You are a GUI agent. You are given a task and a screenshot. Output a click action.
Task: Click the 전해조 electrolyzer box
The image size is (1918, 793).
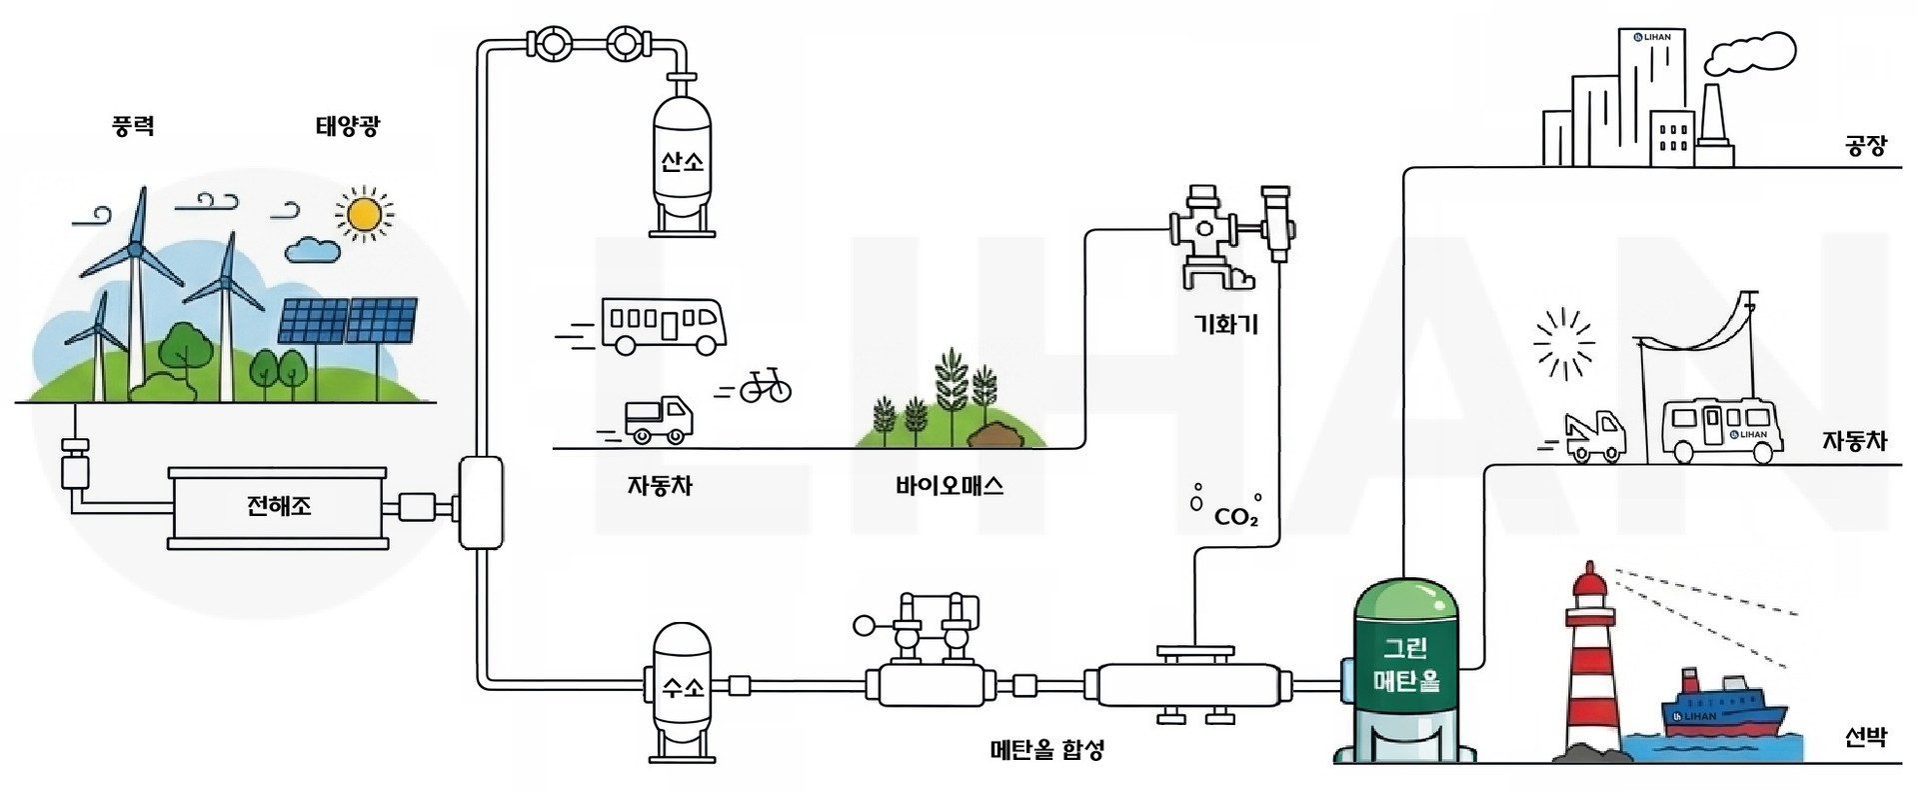click(x=279, y=507)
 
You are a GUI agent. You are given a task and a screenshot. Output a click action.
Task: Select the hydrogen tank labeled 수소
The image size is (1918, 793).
click(x=683, y=688)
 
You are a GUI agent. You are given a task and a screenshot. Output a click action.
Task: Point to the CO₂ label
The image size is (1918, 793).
click(x=1235, y=518)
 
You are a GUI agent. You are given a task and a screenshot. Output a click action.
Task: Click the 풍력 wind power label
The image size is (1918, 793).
click(x=132, y=127)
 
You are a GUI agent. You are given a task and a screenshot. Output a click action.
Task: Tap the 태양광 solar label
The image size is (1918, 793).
click(x=347, y=127)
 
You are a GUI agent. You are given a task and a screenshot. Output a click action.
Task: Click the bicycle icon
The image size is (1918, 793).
click(x=765, y=386)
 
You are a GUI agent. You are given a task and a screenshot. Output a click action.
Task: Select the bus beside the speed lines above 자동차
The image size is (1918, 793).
click(x=663, y=325)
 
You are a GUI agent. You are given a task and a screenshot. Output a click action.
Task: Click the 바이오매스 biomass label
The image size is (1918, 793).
click(x=950, y=487)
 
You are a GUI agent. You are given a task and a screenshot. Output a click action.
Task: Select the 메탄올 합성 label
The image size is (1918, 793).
click(x=1046, y=749)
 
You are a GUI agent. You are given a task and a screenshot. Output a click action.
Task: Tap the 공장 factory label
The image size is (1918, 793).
click(x=1865, y=147)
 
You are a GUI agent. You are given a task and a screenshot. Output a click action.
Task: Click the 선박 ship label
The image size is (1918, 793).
click(x=1865, y=738)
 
